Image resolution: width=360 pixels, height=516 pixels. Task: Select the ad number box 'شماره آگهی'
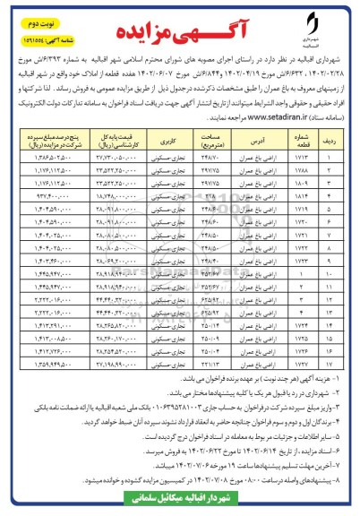39,27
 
